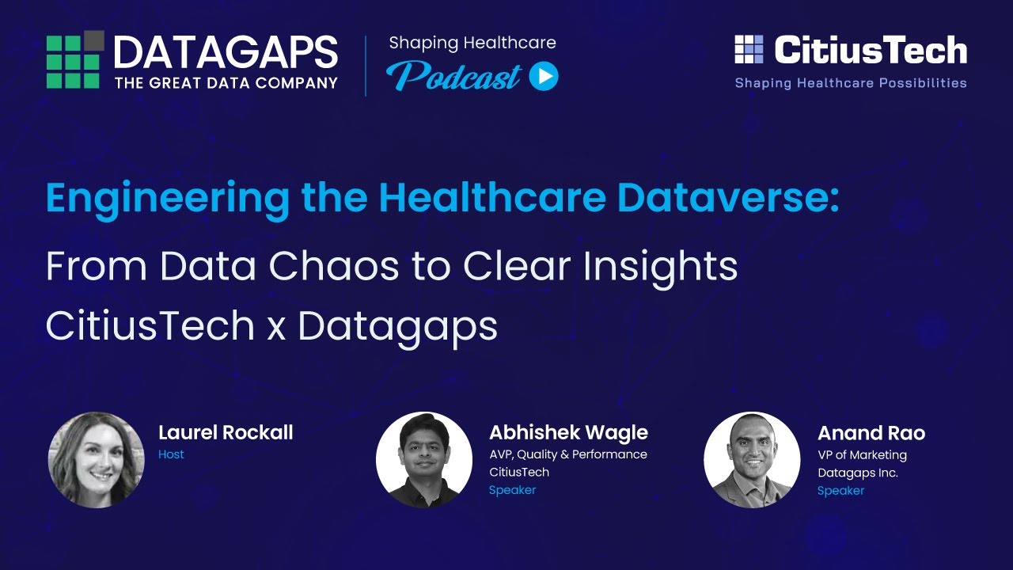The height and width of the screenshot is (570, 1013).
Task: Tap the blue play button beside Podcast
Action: (544, 76)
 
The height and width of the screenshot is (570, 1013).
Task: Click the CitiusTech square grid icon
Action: (749, 49)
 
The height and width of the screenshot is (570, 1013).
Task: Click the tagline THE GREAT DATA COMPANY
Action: (226, 82)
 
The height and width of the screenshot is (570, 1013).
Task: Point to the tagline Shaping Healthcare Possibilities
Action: (851, 82)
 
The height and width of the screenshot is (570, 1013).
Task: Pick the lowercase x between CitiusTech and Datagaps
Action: (275, 326)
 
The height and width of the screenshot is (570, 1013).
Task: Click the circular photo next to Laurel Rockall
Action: (96, 459)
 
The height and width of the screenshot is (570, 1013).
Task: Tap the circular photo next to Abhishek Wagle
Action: (423, 459)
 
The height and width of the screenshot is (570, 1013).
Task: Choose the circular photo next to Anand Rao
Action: (752, 459)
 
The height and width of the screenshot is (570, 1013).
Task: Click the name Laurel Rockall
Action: (226, 432)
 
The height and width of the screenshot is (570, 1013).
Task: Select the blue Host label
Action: (171, 454)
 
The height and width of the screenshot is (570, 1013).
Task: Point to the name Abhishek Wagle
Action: (568, 432)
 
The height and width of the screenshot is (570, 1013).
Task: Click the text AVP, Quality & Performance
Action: (567, 454)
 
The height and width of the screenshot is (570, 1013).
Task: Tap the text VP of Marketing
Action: (862, 454)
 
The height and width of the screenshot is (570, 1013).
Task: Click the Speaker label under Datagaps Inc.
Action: (840, 491)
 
